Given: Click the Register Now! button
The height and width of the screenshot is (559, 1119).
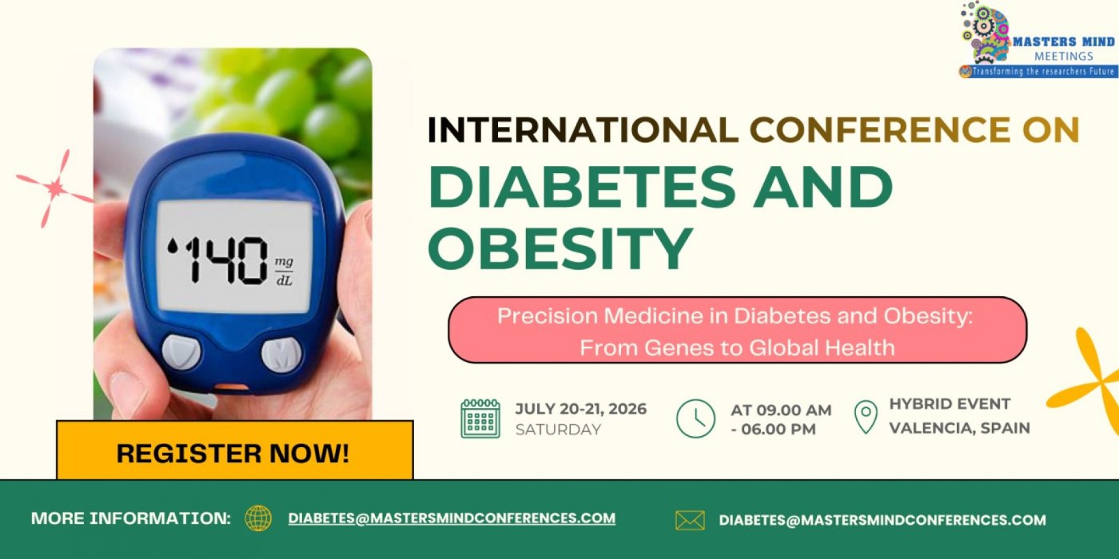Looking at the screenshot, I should point(233,453).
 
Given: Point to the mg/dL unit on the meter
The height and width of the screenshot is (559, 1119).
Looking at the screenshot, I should point(284,271).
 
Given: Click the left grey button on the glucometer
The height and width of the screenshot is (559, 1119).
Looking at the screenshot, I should point(181,352).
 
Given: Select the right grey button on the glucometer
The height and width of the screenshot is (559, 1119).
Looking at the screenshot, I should point(282,355).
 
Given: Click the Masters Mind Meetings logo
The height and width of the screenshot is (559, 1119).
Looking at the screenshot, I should point(1037,40).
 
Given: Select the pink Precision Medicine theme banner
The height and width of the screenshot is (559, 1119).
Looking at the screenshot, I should point(737,331).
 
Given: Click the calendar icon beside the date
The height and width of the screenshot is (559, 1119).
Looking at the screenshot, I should point(480,418).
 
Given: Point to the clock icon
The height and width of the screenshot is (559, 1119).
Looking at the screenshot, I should point(695,418).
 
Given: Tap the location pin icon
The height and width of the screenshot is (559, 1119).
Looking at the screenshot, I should point(866,418).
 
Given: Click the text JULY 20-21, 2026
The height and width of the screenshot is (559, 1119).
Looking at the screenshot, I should point(580,409).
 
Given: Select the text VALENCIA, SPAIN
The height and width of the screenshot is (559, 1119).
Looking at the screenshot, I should point(959,427).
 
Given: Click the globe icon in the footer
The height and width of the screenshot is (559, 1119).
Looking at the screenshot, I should point(258,518).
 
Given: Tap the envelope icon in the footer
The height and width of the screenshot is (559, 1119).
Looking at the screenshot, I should point(690,521).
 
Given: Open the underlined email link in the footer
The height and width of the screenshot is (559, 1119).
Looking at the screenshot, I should point(452,518).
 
